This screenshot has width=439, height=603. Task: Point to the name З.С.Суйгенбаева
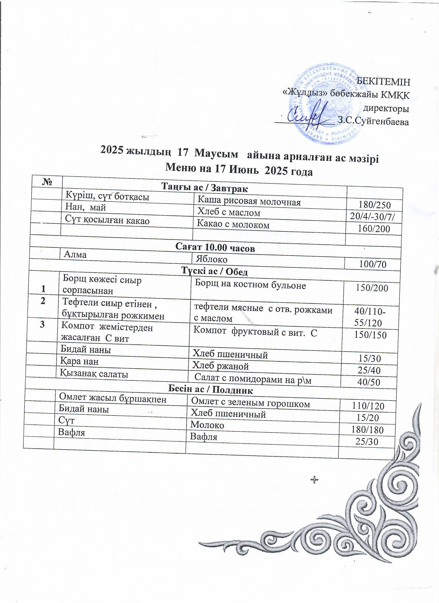[x=373, y=121]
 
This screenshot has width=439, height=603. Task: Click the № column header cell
[x=46, y=182]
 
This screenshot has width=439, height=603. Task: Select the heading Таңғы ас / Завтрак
[x=205, y=188]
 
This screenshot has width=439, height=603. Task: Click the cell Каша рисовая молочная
[x=249, y=202]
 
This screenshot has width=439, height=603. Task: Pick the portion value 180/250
[x=374, y=205]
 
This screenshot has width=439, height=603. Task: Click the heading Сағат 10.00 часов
[x=215, y=248]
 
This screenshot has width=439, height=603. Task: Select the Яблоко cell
[x=211, y=259]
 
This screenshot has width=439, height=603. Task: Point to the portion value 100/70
[x=372, y=264]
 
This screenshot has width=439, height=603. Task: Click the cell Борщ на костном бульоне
[x=250, y=285]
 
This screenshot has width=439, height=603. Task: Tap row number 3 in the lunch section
[x=42, y=325]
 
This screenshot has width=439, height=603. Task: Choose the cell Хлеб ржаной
[x=221, y=366]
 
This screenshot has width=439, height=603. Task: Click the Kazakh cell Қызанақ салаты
[x=94, y=374]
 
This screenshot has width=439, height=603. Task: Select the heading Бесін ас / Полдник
[x=210, y=390]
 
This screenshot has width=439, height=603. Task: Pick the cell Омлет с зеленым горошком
[x=250, y=404]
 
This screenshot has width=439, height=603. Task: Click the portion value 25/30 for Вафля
[x=367, y=442]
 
